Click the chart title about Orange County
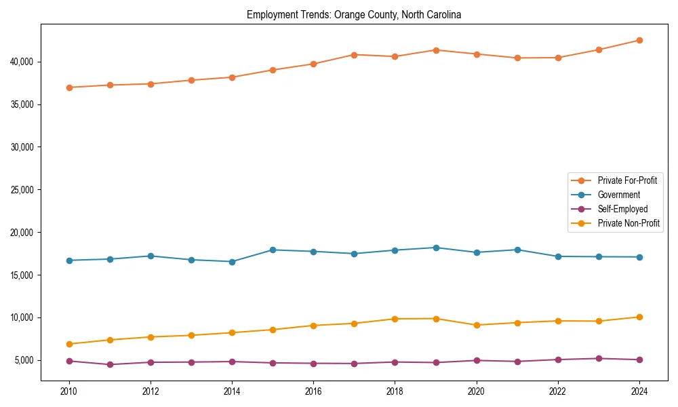pos(354,14)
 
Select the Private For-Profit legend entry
pos(626,180)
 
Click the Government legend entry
pos(618,195)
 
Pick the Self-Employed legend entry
pos(622,209)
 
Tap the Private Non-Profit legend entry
pos(629,223)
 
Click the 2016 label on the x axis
pos(313,391)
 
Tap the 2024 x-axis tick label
pos(639,391)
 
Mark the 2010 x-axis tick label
pos(68,391)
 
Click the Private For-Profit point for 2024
pos(639,40)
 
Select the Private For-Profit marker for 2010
pos(68,88)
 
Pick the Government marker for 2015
pos(273,250)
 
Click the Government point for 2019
pos(436,248)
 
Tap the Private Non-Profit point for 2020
pos(477,325)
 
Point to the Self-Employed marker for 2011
pos(109,364)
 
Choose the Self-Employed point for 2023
pos(599,358)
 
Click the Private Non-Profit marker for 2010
pos(68,344)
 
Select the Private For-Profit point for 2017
pos(354,54)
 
